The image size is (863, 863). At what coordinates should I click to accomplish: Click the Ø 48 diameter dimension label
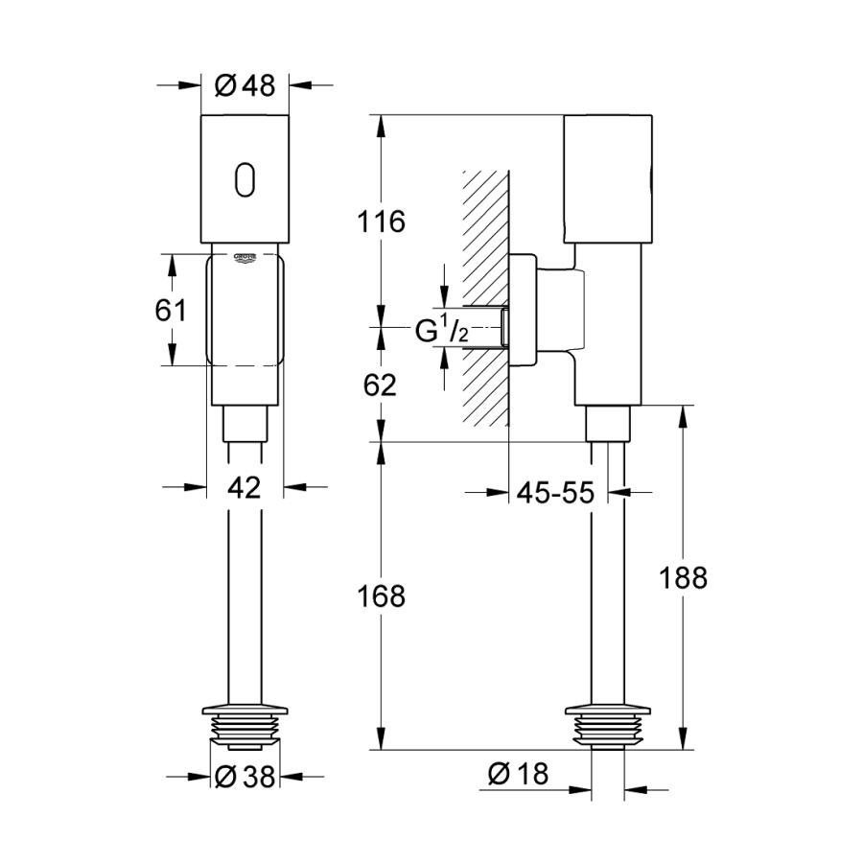(245, 86)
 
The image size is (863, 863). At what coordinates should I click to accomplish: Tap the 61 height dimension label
(171, 310)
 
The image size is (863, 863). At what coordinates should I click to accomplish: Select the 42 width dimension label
(245, 487)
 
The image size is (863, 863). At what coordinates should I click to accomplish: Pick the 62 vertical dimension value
(380, 385)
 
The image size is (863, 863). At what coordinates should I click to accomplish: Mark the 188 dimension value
(683, 577)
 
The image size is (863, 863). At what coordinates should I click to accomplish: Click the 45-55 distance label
(556, 493)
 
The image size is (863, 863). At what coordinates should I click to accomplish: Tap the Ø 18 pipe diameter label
(518, 775)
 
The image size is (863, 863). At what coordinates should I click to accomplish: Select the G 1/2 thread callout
(442, 332)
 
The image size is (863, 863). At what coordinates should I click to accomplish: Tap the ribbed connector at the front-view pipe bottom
(245, 727)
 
